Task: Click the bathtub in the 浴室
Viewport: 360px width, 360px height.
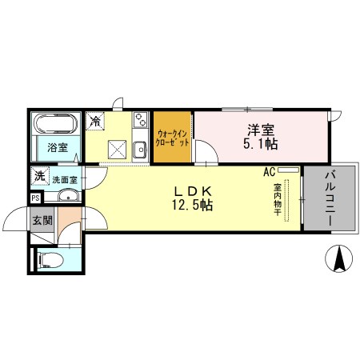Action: coord(55,123)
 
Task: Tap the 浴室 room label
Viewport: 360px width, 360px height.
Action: coord(56,147)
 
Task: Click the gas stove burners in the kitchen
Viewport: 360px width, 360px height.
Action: coord(140,120)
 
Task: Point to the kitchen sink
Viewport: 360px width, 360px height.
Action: coord(139,148)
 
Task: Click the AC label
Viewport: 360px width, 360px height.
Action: coord(269,170)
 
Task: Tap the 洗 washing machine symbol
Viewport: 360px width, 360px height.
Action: coord(38,176)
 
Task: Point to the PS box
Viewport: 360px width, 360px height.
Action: coord(35,198)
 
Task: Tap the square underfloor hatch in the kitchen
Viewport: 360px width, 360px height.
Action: coord(116,147)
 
